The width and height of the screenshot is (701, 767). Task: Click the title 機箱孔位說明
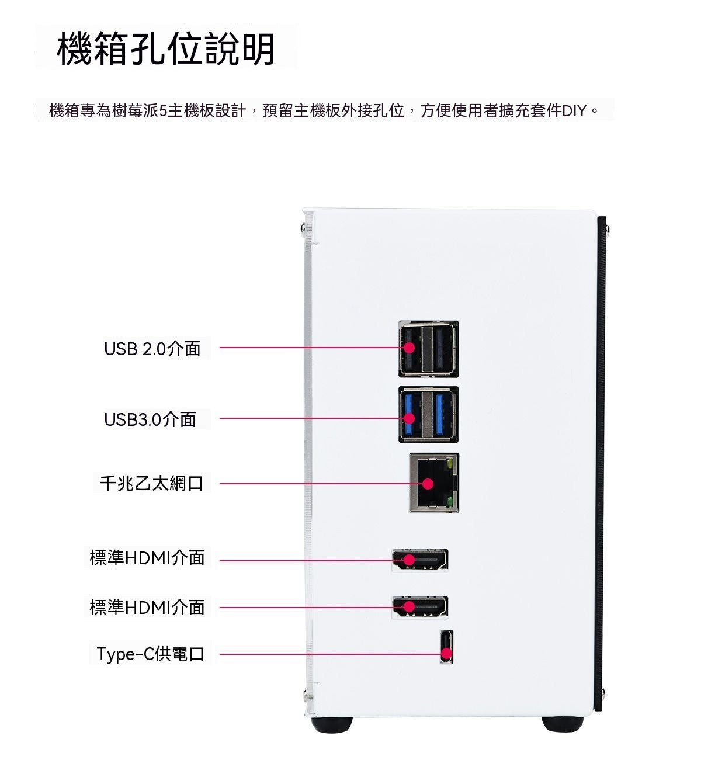coord(165,48)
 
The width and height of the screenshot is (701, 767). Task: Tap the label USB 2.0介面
coord(152,349)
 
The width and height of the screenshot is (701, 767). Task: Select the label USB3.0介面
coord(150,419)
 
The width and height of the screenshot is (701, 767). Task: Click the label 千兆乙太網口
coord(151,483)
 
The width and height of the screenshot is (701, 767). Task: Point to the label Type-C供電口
coord(151,654)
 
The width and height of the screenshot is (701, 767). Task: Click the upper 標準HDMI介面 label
coord(147,557)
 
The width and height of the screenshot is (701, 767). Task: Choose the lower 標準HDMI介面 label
coord(147,607)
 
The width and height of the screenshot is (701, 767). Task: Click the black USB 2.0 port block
coord(428,349)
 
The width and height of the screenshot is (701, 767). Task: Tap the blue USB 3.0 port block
coord(428,415)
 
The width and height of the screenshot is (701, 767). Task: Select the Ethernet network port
coord(434,483)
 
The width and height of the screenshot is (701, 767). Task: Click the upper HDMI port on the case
coord(420,560)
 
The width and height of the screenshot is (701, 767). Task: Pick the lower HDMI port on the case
coord(420,607)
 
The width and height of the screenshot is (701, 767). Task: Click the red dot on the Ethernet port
coord(428,484)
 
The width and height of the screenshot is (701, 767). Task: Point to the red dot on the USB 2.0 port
coord(409,348)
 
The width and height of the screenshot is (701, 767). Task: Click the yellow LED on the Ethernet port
coord(450,464)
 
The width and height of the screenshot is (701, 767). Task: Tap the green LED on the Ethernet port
coord(450,501)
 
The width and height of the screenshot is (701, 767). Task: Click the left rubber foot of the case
coord(332,724)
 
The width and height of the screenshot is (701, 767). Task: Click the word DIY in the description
coord(574,111)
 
